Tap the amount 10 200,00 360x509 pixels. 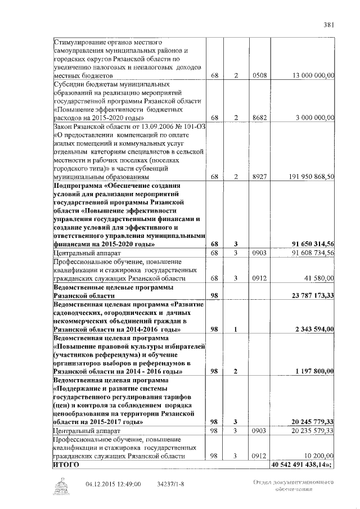(319, 456)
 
